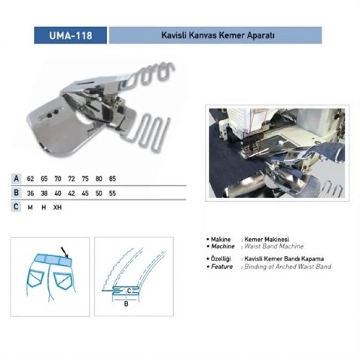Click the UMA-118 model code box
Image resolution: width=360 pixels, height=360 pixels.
(x=70, y=35)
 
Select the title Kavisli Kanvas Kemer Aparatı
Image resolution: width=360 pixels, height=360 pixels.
(x=215, y=35)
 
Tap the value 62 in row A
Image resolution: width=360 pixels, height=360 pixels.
(x=31, y=179)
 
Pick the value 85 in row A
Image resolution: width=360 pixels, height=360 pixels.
(x=112, y=179)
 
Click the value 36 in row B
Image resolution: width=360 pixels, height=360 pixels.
(x=31, y=193)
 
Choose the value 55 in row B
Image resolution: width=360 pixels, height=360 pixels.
(x=112, y=193)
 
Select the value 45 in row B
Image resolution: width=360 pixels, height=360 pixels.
(x=85, y=193)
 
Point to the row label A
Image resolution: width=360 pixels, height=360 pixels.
(x=17, y=179)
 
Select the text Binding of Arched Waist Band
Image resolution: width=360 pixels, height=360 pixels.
(x=289, y=267)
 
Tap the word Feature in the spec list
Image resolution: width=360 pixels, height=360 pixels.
(x=222, y=267)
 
